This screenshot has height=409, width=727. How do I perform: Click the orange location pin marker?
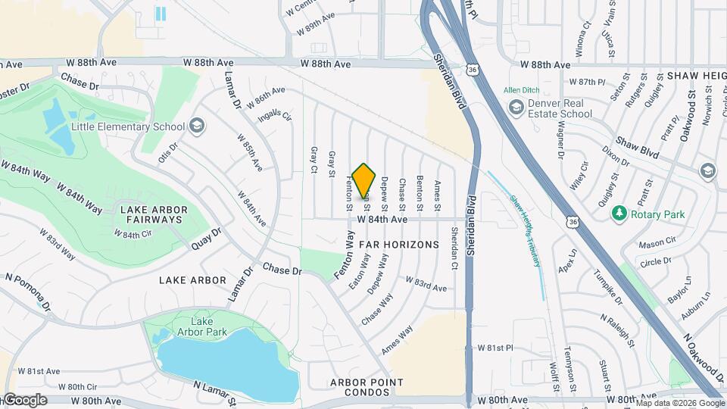point(364,180)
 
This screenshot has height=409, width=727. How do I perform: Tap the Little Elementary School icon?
point(197,126)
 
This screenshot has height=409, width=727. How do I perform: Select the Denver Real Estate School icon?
point(516,108)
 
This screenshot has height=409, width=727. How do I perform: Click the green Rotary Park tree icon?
point(619,214)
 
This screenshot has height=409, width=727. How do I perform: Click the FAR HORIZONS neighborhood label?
point(398,245)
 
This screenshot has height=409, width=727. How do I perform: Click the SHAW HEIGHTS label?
point(696,76)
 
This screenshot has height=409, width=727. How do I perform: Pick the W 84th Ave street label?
point(382,220)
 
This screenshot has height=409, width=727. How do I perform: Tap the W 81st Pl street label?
point(495,348)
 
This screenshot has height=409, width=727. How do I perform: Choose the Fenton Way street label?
point(345,257)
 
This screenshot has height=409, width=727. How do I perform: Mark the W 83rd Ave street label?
point(426,286)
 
